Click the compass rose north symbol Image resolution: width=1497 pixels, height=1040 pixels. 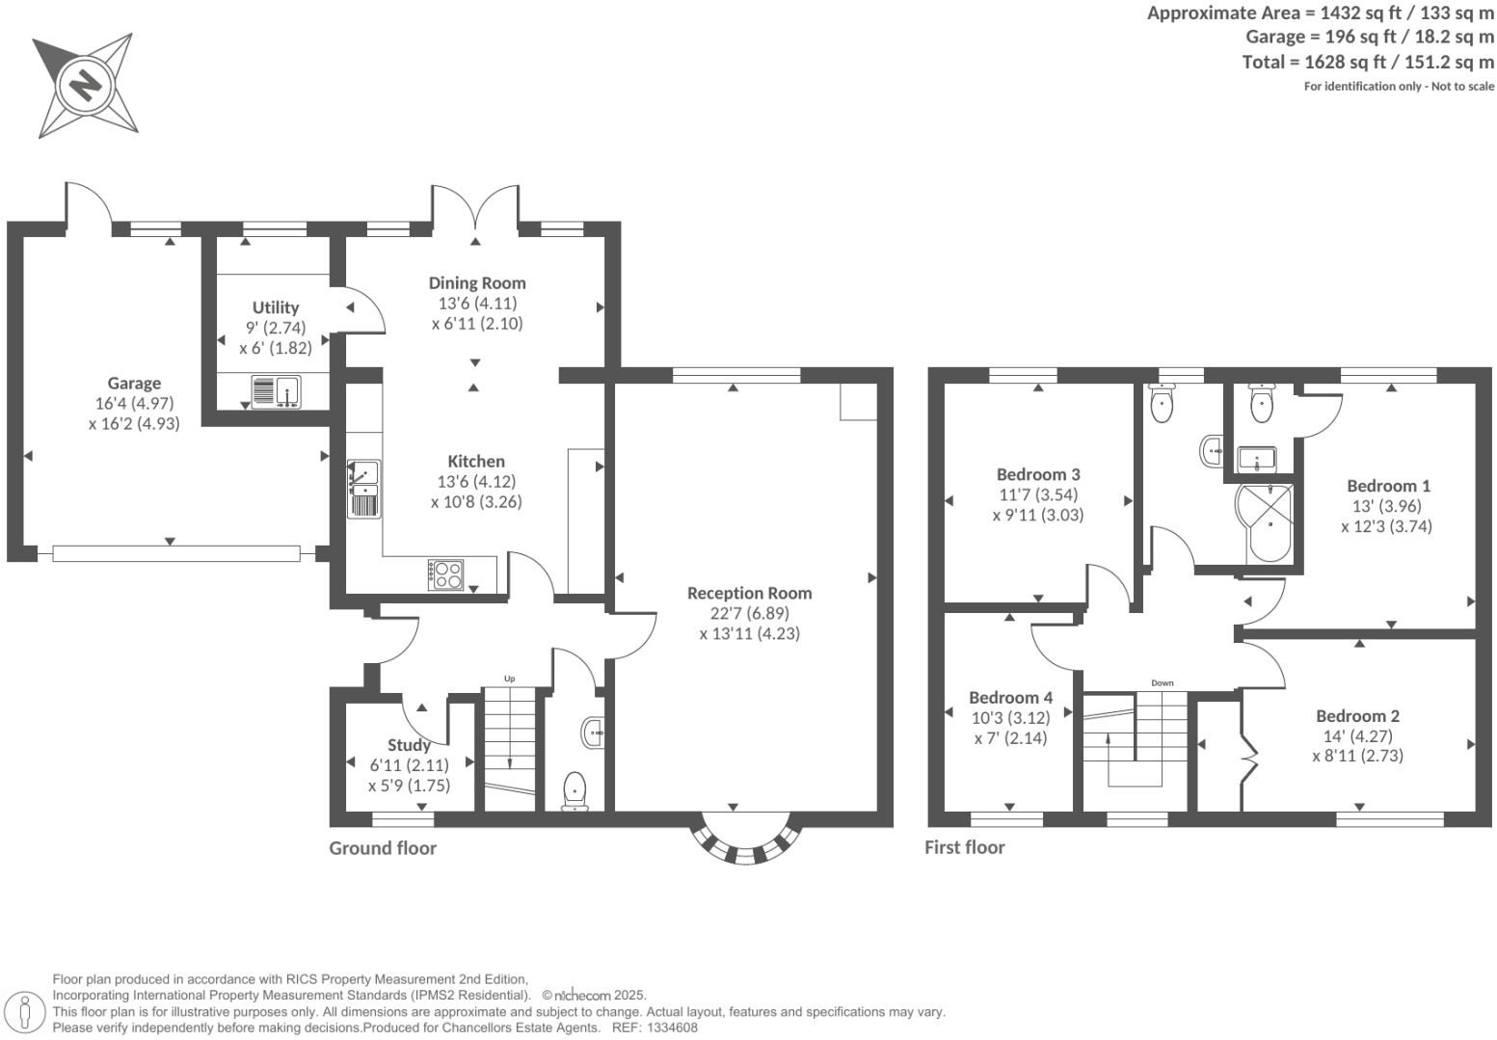click(85, 85)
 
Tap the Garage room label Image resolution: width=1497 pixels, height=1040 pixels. click(134, 383)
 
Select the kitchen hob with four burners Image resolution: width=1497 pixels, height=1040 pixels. click(445, 574)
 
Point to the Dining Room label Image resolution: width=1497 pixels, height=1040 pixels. click(477, 282)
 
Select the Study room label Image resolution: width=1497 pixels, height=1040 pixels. click(409, 745)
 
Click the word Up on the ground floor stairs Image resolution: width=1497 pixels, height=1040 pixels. click(509, 680)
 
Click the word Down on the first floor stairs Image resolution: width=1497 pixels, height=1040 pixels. click(1162, 683)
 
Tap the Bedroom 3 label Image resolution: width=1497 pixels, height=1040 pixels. click(1038, 474)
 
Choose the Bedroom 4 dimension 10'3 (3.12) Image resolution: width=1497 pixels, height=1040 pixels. click(1009, 718)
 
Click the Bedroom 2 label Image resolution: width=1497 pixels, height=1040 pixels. click(1357, 715)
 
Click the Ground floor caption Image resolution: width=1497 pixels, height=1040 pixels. click(383, 848)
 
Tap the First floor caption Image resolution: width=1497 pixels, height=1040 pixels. click(964, 847)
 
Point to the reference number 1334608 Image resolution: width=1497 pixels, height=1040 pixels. click(672, 1027)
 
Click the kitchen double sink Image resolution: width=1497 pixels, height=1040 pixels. click(364, 489)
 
